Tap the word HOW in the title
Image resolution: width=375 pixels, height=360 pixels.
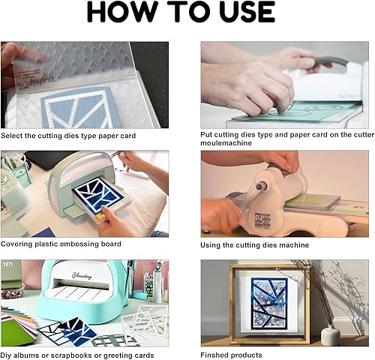tap(121, 12)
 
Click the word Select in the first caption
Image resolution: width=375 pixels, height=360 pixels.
tap(12, 136)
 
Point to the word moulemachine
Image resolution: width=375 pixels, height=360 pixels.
tap(226, 143)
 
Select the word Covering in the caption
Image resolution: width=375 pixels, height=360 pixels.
tap(16, 244)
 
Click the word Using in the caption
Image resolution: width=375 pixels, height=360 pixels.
tap(210, 245)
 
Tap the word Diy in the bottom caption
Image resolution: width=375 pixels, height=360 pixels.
tap(5, 355)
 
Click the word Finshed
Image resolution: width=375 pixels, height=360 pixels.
tap(214, 355)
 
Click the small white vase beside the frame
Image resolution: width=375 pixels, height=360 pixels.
tap(330, 335)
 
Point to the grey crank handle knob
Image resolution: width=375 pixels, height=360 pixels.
tap(260, 186)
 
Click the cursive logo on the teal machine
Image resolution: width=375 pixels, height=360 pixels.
tap(82, 276)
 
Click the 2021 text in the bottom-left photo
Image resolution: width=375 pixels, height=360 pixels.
tap(7, 264)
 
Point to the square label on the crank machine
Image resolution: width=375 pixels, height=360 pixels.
tap(262, 220)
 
